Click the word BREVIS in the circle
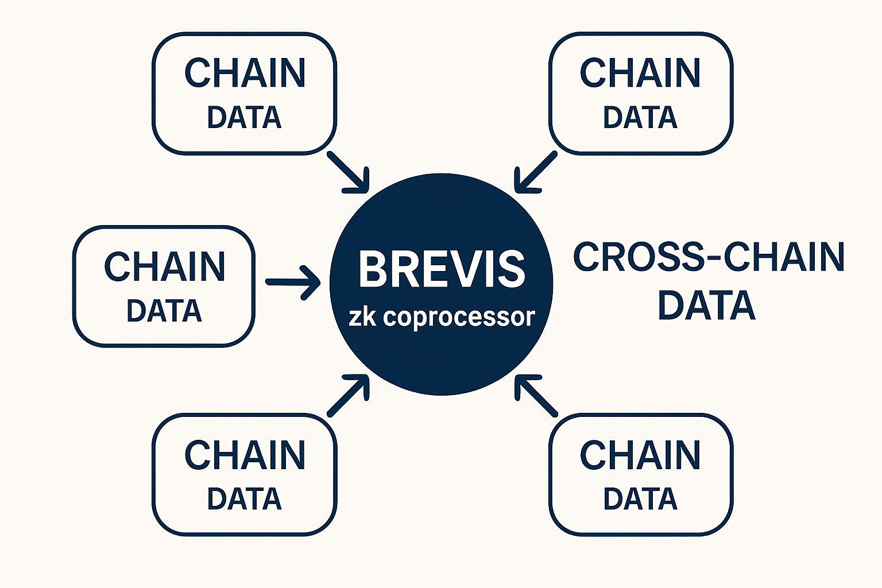(442, 269)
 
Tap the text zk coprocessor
(442, 316)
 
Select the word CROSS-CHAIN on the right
(709, 257)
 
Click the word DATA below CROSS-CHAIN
(706, 305)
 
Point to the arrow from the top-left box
(347, 171)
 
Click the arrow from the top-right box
(536, 171)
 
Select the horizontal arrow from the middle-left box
(293, 282)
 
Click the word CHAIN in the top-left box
(245, 73)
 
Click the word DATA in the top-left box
(245, 117)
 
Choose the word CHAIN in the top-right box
(640, 73)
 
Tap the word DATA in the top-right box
(640, 117)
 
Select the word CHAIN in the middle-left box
(164, 266)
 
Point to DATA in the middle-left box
(164, 311)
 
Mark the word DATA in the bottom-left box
(245, 499)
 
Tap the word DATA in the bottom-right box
(640, 499)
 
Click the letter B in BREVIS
(373, 269)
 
